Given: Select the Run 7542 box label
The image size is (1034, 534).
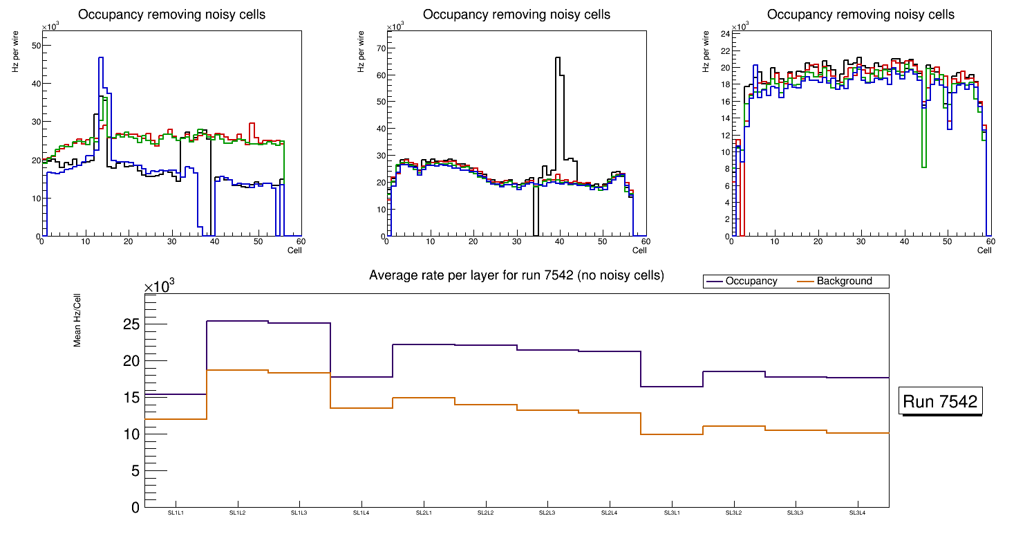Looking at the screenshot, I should pos(941,401).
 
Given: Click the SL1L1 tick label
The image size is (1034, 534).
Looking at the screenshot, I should pos(176,513).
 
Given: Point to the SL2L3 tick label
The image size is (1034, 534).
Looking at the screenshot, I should pos(547,513).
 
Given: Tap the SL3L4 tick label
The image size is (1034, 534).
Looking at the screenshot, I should pos(858,513).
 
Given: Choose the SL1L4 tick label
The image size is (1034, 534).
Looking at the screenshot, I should pos(361,513).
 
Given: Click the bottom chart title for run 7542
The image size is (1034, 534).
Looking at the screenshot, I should pos(516,275).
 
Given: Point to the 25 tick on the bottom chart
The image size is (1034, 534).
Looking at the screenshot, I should pos(131,324).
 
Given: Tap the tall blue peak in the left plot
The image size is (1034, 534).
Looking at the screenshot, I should pos(101,59).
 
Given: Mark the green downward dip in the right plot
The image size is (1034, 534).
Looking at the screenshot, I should pos(924,159).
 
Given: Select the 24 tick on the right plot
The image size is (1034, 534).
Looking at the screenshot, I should pos(725,34).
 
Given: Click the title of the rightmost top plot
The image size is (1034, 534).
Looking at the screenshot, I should pos(861,15).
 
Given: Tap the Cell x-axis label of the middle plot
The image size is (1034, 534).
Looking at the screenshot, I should pos(639,250).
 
